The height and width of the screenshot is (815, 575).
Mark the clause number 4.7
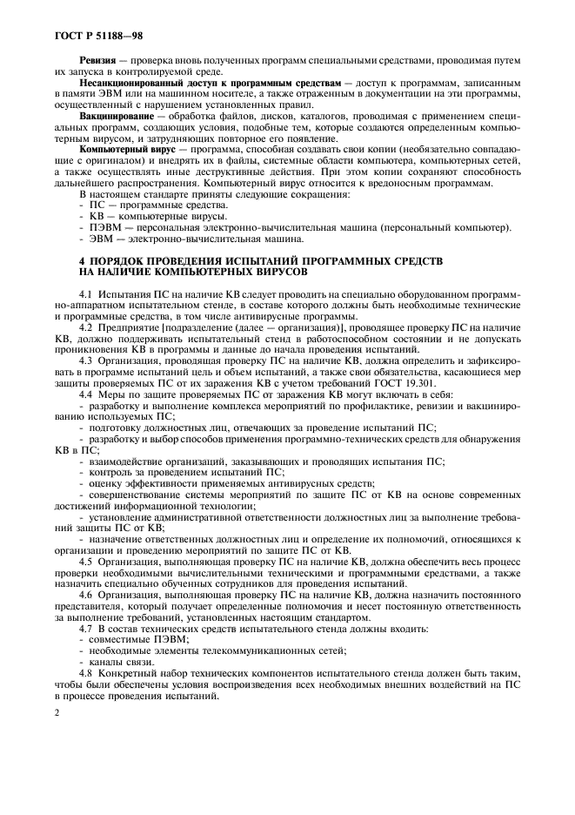point(86,628)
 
